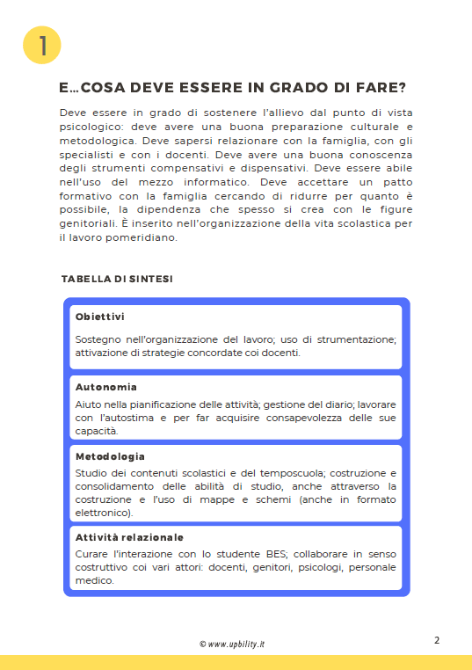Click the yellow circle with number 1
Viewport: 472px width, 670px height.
(40, 45)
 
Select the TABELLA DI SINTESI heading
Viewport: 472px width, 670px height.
(117, 279)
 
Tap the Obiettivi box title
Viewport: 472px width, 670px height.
(100, 317)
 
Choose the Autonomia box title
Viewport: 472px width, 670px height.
(105, 387)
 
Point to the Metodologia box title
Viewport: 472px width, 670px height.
(110, 457)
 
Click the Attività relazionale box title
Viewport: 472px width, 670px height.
(129, 537)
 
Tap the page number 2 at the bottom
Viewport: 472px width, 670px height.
(437, 640)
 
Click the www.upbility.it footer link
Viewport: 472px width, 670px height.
(236, 644)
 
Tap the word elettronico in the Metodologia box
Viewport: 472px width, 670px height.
(102, 512)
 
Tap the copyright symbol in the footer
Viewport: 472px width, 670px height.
(202, 644)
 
